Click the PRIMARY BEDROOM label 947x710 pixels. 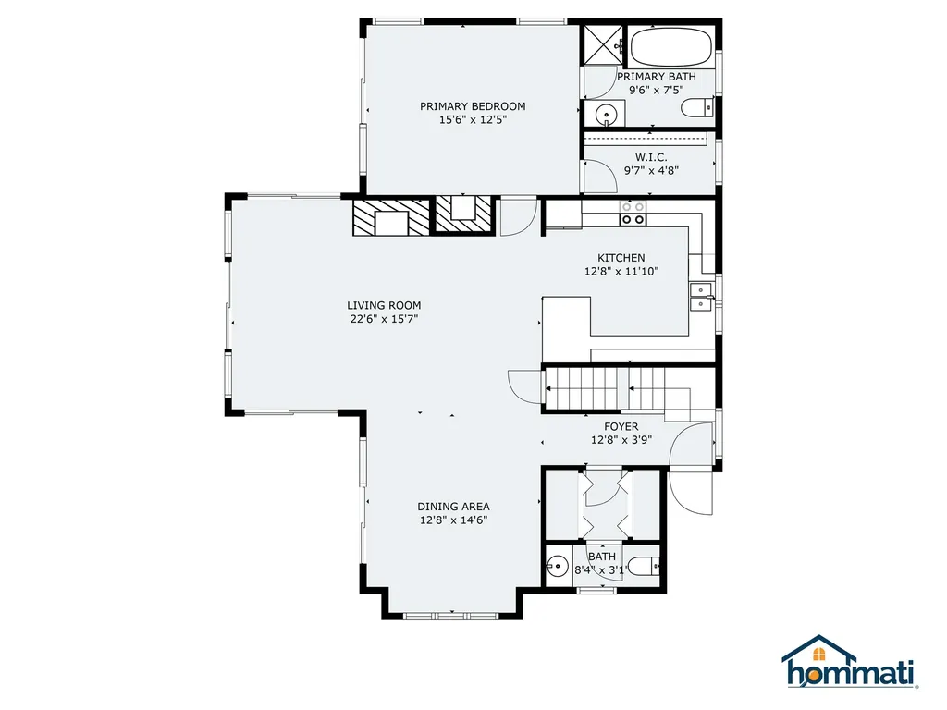473,105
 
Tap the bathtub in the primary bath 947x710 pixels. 671,44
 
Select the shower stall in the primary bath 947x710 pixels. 602,44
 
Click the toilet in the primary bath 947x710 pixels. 696,110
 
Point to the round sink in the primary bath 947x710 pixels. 605,115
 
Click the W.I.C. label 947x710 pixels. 651,156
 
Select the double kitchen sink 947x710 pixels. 700,297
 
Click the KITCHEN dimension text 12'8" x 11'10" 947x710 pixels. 621,272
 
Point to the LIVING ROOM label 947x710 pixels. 384,305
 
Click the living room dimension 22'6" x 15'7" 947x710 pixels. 384,320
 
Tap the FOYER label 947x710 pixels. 621,426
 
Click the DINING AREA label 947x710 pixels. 453,506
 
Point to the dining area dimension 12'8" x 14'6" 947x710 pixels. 453,520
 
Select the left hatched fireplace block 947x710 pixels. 392,217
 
